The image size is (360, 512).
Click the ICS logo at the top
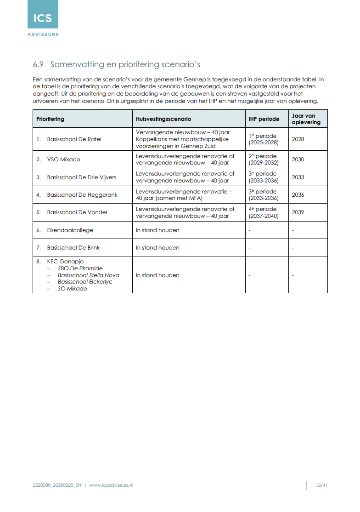[x=43, y=18]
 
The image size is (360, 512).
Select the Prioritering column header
[x=51, y=119]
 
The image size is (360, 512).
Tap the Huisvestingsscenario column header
[x=163, y=119]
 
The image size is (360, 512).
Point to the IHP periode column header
[x=264, y=119]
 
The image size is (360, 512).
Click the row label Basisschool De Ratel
[x=74, y=139]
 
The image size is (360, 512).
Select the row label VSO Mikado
[x=63, y=159]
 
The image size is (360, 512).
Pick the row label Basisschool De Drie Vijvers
[x=81, y=177]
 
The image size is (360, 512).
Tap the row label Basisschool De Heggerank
[x=82, y=195]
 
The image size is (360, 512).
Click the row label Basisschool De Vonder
[x=77, y=212]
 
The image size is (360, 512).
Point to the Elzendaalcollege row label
[x=70, y=230]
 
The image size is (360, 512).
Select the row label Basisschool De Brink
[x=73, y=248]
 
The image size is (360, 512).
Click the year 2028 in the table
[x=298, y=139]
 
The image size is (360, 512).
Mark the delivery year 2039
[x=298, y=212]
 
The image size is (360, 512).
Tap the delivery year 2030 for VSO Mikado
[x=298, y=159]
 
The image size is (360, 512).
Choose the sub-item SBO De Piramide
[x=80, y=268]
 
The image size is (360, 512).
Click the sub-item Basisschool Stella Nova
[x=88, y=275]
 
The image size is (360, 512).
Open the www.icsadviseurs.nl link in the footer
[x=111, y=485]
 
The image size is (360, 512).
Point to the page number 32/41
[x=321, y=485]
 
